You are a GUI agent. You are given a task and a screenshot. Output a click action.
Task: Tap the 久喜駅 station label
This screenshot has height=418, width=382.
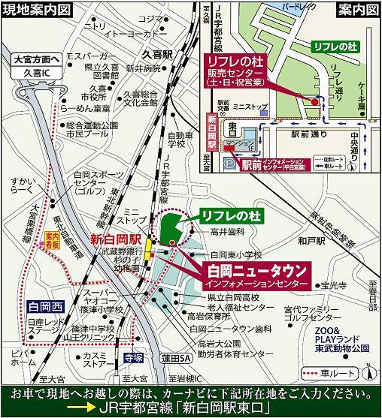[x=157, y=55]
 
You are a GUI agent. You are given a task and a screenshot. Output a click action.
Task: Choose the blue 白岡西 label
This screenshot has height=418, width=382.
[x=44, y=306]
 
